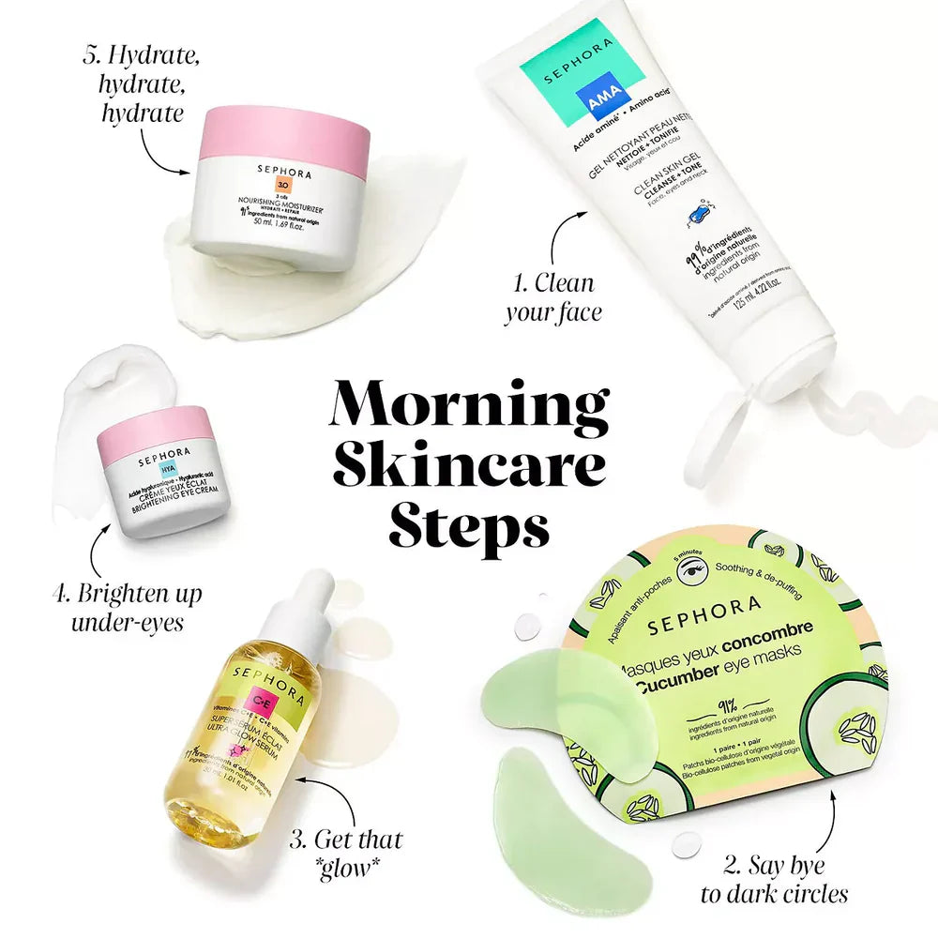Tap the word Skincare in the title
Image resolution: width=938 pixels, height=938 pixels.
click(x=469, y=464)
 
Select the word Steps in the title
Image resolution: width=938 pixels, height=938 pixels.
click(x=469, y=527)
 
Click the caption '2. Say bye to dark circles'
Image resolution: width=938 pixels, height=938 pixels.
click(x=774, y=879)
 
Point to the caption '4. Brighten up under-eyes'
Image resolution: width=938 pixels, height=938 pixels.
click(x=127, y=607)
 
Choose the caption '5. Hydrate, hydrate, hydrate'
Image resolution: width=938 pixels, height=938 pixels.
click(x=142, y=84)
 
